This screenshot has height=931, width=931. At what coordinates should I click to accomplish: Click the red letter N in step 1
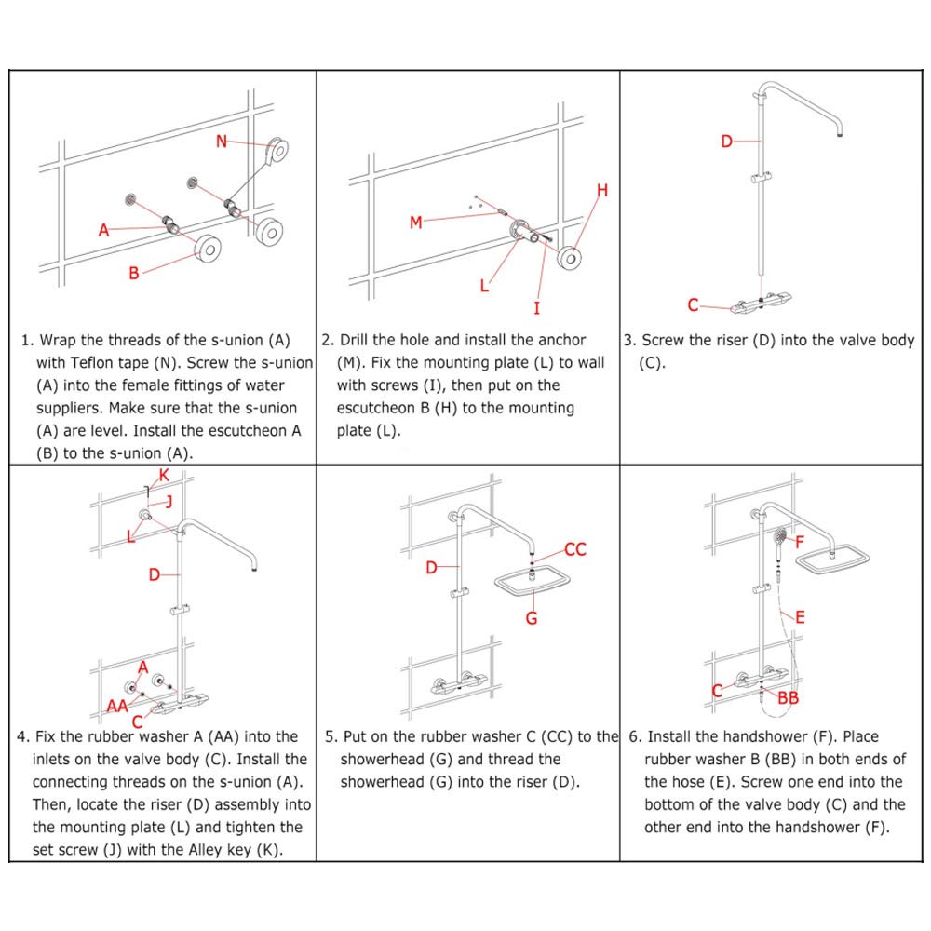(222, 142)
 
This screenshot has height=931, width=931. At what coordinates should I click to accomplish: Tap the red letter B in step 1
(133, 273)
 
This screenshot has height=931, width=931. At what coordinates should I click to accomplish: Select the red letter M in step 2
(416, 222)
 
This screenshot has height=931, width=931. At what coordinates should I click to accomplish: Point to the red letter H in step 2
(602, 191)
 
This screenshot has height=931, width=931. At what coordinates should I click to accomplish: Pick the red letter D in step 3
(727, 142)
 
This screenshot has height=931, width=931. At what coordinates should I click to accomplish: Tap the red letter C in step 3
(693, 304)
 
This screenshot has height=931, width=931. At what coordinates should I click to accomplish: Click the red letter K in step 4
(164, 476)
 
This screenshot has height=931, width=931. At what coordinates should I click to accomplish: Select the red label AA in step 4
(117, 706)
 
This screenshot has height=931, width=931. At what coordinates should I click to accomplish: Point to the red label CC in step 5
(575, 549)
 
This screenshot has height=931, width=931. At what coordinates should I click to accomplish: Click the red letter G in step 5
(532, 616)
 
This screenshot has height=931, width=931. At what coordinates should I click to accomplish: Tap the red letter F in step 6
(799, 540)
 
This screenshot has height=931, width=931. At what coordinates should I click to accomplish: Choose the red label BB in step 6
(788, 697)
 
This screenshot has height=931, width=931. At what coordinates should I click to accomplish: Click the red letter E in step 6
(800, 615)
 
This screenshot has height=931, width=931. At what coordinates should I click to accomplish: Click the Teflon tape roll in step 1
(277, 149)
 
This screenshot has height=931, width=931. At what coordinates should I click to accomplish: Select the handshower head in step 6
(779, 537)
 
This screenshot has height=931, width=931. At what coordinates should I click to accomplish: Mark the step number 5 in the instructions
(330, 737)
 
